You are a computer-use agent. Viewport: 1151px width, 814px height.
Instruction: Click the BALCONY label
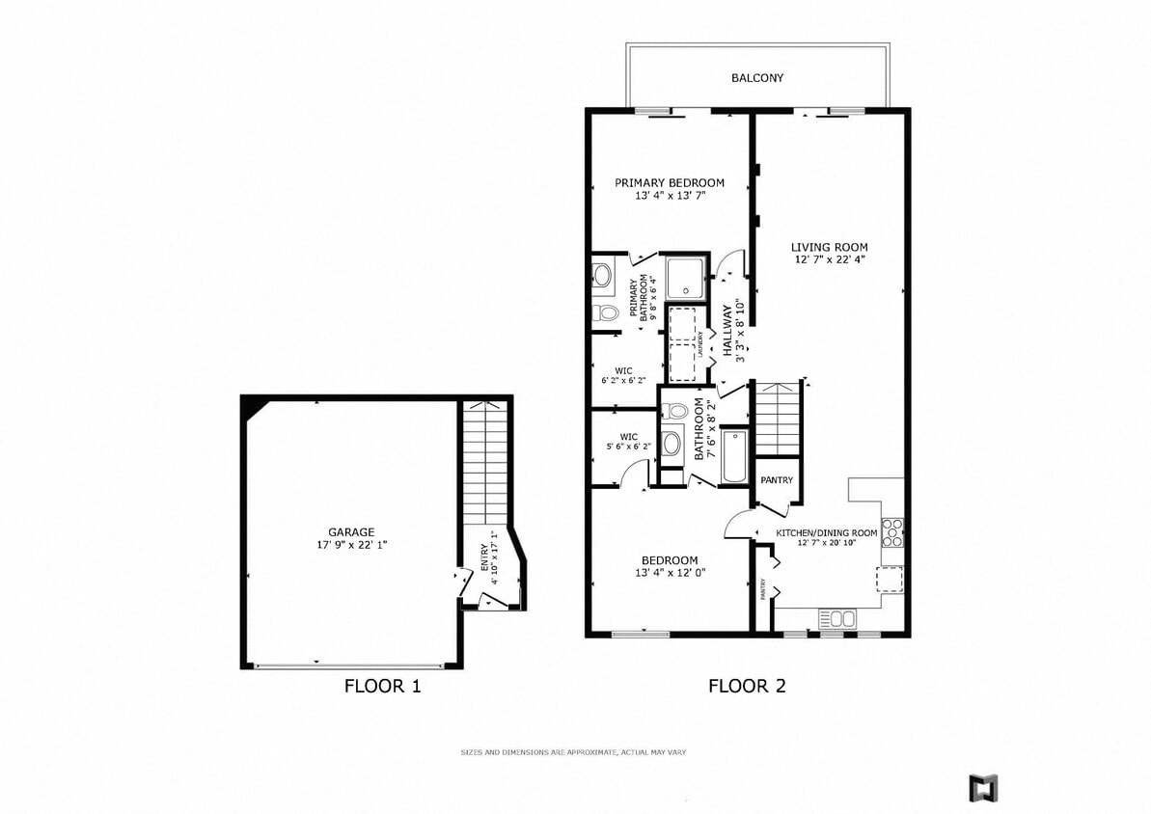757,78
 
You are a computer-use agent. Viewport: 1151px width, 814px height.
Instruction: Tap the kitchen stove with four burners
891,533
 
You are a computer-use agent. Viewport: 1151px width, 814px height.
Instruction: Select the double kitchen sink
836,617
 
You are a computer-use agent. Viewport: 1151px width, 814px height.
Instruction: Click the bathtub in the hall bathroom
735,456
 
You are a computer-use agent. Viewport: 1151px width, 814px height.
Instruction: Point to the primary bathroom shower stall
687,278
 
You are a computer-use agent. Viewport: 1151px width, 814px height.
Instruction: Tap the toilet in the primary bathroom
605,312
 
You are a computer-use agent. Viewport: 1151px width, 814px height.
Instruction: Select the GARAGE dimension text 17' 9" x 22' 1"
351,545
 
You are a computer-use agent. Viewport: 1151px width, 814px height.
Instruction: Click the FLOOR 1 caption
382,687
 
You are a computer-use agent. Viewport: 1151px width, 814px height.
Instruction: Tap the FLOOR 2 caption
747,687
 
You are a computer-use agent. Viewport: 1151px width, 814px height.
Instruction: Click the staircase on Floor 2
777,418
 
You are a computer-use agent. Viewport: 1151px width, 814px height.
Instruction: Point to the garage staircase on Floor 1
484,463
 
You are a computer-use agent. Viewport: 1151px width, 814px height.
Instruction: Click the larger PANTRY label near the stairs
777,480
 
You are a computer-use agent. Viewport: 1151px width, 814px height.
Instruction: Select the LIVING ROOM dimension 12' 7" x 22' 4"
830,259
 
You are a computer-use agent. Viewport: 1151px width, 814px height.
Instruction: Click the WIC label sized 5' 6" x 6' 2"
628,441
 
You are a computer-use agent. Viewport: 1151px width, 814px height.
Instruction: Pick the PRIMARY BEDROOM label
670,183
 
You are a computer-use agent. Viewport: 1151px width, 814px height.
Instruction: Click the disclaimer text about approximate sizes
573,751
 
